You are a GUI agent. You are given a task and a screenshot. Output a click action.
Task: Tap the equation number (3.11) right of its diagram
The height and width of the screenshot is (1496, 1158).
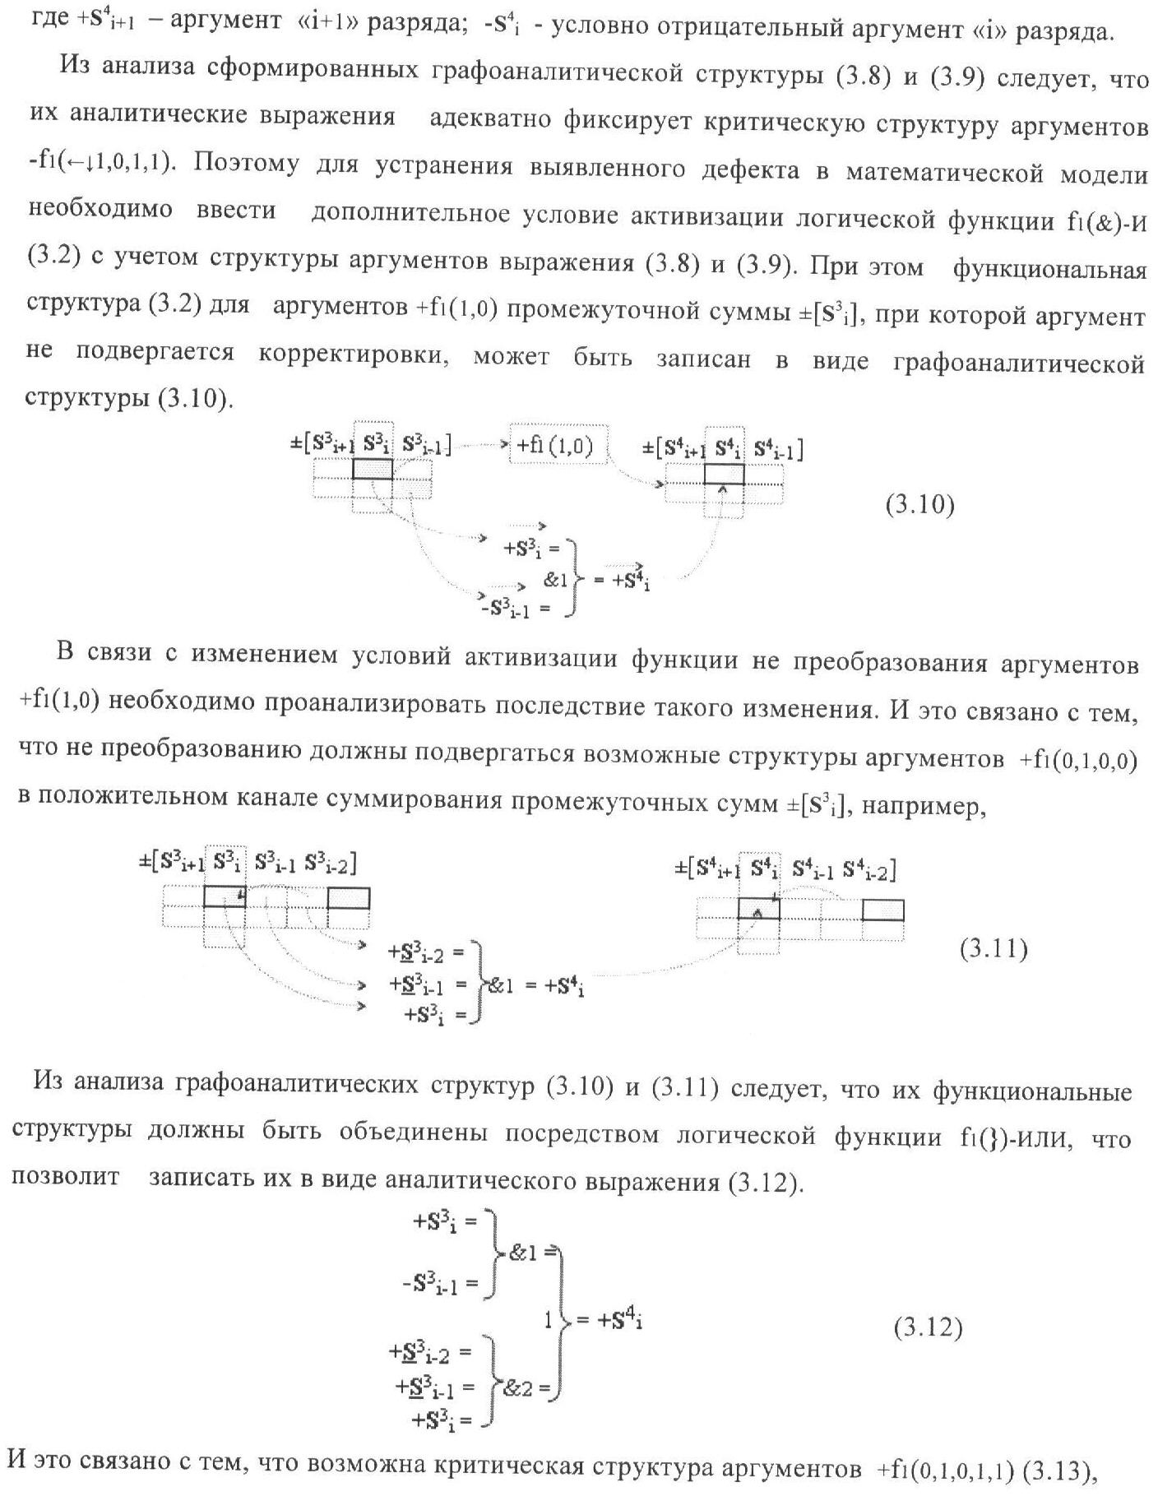993,950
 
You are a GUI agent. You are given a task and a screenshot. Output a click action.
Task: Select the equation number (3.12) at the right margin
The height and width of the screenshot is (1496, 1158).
928,1327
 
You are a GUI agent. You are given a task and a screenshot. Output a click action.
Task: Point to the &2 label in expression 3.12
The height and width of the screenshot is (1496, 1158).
522,1388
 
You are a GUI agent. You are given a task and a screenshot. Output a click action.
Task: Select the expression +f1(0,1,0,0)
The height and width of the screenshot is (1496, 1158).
1078,760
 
